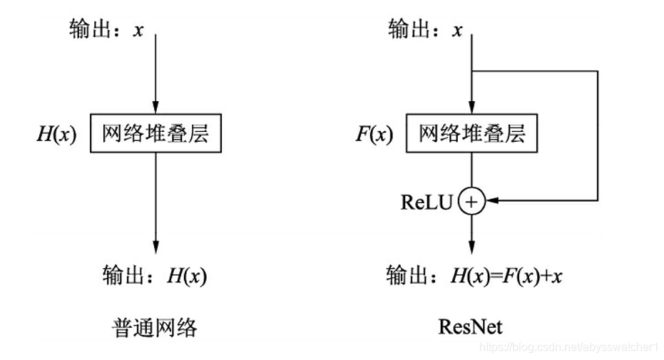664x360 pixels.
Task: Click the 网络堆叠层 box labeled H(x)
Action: click(155, 133)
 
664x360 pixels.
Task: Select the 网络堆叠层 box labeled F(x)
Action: click(471, 133)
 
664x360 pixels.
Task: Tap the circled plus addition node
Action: click(471, 202)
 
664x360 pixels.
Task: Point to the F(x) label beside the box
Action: click(374, 133)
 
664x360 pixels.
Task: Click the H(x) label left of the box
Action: click(57, 133)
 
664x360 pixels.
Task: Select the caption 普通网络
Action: click(155, 327)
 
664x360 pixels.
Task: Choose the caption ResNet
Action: click(471, 327)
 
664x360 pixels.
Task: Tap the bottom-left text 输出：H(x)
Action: click(155, 275)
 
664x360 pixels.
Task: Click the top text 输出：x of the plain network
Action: click(106, 31)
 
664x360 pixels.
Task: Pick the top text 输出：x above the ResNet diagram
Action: click(425, 31)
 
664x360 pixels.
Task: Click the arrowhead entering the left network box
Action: click(155, 106)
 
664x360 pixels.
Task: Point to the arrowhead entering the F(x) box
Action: click(471, 106)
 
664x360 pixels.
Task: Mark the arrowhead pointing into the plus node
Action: click(491, 202)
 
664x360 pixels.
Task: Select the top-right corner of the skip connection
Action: click(596, 71)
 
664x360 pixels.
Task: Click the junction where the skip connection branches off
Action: click(471, 71)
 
